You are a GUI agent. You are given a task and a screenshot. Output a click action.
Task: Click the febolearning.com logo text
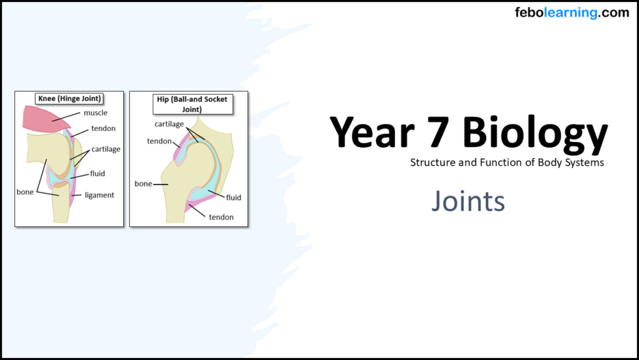571,13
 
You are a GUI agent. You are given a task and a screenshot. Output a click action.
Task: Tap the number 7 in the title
442,133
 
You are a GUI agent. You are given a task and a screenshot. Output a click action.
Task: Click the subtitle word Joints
468,201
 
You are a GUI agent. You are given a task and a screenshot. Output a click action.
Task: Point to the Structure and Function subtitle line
507,162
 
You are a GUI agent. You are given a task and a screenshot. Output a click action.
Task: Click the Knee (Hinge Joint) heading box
70,98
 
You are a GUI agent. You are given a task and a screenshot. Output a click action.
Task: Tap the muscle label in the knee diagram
96,113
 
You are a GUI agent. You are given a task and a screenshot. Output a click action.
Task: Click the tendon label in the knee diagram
104,129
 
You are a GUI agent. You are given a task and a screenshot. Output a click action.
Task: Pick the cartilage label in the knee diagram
105,149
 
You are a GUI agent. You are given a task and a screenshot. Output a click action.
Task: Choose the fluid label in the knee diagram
98,173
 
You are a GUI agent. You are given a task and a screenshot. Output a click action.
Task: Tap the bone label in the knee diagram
25,192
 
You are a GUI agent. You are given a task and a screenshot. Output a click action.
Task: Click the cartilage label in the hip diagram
169,124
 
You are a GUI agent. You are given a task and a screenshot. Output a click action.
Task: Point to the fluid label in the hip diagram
233,198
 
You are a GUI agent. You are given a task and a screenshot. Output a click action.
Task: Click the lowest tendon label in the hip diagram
221,217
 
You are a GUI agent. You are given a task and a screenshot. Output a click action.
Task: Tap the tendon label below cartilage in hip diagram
159,141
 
